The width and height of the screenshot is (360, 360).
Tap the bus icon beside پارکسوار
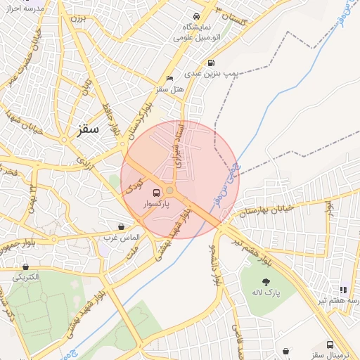(155, 192)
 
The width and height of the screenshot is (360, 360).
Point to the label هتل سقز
(169, 89)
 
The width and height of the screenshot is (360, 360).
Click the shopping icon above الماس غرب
(122, 226)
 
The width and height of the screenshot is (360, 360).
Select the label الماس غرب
(123, 238)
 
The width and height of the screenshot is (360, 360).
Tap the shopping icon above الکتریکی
(26, 266)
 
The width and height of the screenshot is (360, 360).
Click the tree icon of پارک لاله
(266, 281)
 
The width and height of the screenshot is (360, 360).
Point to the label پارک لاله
(266, 292)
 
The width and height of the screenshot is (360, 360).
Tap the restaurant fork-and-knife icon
(343, 289)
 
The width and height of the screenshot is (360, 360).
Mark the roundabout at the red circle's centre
(169, 190)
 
